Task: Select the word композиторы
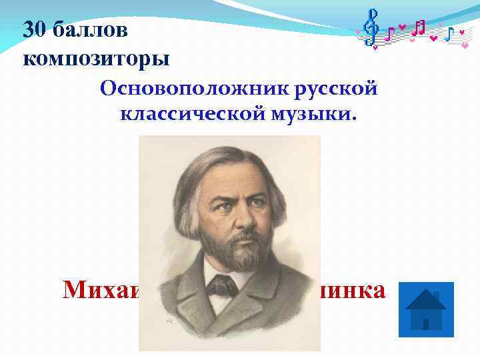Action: (x=96, y=58)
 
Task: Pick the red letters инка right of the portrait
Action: (x=353, y=291)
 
